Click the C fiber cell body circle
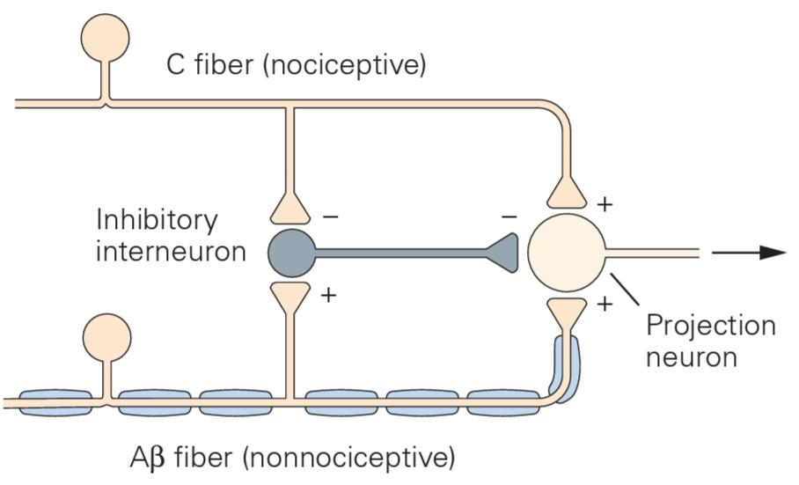[105, 38]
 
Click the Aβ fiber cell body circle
[107, 337]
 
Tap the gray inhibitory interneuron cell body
[292, 253]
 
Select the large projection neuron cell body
[567, 253]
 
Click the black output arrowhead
[773, 252]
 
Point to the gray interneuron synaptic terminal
[502, 253]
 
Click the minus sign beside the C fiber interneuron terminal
[330, 217]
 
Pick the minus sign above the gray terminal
[509, 217]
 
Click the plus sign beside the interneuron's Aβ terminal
[329, 295]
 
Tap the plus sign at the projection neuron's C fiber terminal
[605, 204]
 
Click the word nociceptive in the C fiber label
[344, 65]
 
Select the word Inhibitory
[157, 220]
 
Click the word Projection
[711, 325]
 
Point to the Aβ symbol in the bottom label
[147, 458]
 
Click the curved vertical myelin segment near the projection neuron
[566, 368]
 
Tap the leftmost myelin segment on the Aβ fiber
[55, 402]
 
